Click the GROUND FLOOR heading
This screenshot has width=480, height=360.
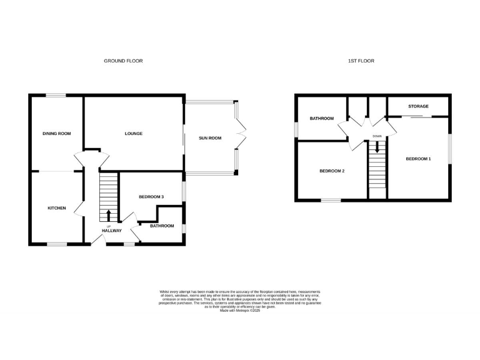click(123, 61)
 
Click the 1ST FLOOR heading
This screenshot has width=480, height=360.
click(361, 61)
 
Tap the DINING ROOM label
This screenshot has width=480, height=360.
click(57, 133)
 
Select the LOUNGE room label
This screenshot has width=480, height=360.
click(134, 133)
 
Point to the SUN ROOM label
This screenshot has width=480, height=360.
click(210, 137)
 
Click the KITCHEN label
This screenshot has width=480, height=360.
click(57, 207)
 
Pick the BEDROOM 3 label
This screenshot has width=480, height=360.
click(151, 197)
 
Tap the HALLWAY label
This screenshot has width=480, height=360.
click(112, 231)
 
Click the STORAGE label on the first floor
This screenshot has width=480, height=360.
click(418, 106)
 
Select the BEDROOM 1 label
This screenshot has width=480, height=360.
click(418, 159)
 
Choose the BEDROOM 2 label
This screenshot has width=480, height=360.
click(332, 171)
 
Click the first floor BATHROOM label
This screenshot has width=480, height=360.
click(322, 118)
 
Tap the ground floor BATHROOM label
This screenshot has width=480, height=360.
click(162, 226)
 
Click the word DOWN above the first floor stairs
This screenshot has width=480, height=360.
click(377, 136)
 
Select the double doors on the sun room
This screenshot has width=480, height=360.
click(242, 132)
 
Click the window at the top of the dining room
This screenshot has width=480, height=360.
click(56, 95)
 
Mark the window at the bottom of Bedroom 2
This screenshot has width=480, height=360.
click(331, 200)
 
